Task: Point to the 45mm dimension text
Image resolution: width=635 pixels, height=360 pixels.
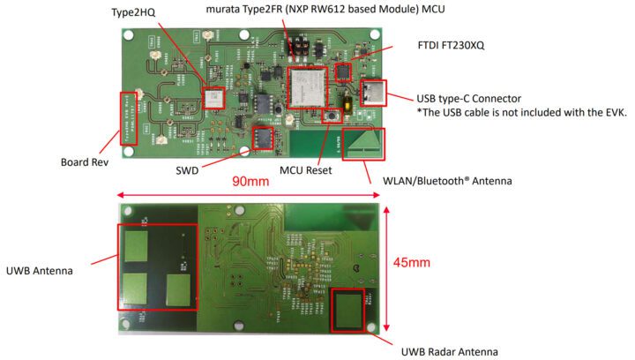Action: click(413, 262)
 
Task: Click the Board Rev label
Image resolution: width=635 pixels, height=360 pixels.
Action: click(86, 162)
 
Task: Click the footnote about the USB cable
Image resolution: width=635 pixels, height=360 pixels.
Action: click(521, 113)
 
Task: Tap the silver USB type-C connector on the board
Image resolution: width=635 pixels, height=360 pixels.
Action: click(373, 94)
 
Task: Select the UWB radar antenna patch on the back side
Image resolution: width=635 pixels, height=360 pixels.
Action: click(348, 310)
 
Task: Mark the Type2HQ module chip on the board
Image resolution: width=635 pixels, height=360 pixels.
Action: click(214, 97)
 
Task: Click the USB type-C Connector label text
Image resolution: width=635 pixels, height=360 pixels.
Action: click(469, 98)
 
